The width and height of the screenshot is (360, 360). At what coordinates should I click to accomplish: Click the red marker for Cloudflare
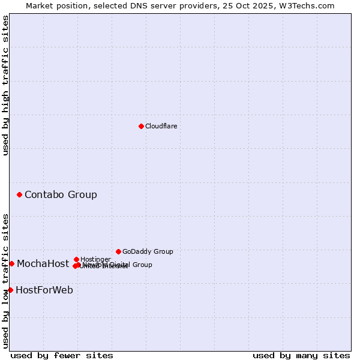[141, 126]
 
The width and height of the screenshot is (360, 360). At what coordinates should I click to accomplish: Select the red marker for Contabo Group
[20, 194]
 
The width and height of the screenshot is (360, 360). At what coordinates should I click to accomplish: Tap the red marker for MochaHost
[11, 263]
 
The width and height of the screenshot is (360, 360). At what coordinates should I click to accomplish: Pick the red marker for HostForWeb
[10, 290]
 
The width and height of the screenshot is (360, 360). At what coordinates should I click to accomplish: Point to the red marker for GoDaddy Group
[118, 251]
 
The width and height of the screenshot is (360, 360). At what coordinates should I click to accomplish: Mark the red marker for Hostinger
[76, 259]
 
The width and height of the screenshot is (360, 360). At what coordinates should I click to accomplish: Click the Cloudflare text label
[161, 126]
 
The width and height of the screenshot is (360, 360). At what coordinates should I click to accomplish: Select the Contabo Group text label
[61, 194]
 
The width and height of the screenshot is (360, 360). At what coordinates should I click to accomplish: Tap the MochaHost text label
[43, 263]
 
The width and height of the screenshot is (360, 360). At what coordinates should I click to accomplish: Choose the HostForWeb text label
[44, 290]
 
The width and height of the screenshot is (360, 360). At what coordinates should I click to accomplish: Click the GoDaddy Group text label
[147, 251]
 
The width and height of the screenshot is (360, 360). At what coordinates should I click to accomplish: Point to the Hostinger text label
[95, 259]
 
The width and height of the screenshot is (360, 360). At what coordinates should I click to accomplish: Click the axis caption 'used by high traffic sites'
[5, 85]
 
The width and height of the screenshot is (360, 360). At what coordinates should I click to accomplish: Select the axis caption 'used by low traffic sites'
[5, 281]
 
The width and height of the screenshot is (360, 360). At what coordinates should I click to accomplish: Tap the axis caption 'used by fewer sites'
[62, 356]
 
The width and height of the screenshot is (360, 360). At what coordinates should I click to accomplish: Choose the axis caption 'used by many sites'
[301, 356]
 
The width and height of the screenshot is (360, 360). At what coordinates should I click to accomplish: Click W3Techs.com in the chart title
[310, 5]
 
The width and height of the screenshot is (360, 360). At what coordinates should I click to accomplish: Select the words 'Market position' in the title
[55, 5]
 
